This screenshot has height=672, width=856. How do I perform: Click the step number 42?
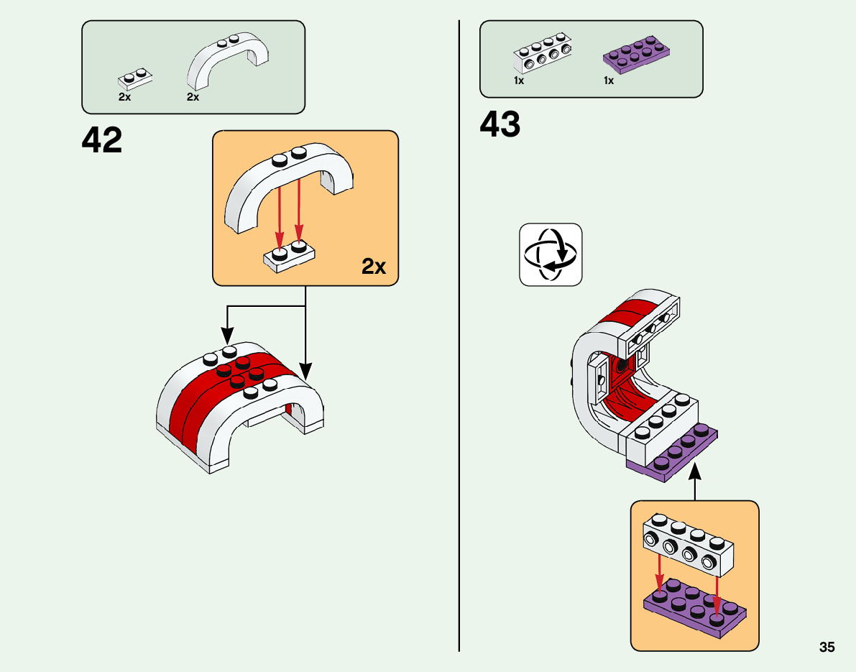[x=102, y=140]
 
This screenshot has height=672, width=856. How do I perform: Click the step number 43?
[x=500, y=125]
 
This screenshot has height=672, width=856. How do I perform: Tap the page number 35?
[x=827, y=647]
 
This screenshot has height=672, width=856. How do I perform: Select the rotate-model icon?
[x=551, y=254]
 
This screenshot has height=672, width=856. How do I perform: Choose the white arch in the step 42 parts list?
[x=228, y=59]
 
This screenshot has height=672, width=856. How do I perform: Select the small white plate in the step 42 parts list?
[x=135, y=78]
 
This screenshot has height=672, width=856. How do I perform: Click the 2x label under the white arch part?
[x=193, y=97]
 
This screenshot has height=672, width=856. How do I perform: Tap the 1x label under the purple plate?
[x=609, y=81]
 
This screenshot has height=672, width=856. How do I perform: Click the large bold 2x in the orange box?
[x=374, y=267]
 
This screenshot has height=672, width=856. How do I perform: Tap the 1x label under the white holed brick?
[x=519, y=81]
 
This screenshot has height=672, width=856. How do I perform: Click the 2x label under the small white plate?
[x=125, y=97]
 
